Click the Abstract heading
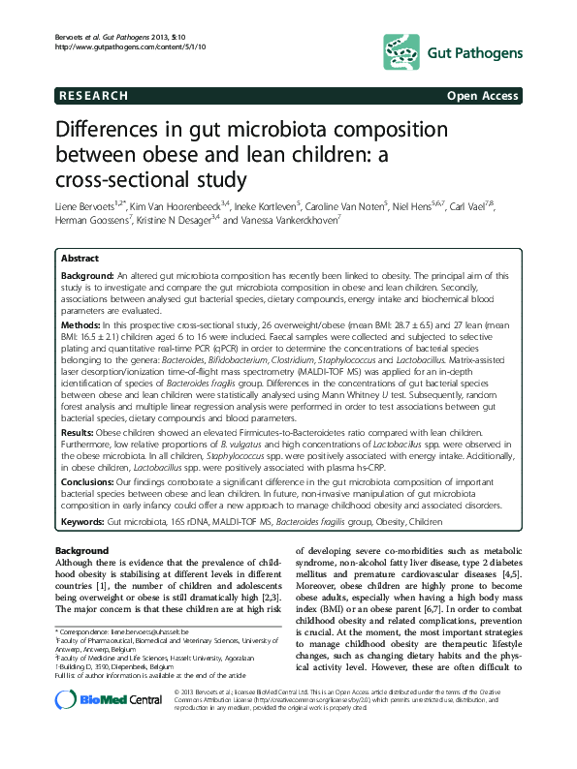pyautogui.click(x=80, y=260)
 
